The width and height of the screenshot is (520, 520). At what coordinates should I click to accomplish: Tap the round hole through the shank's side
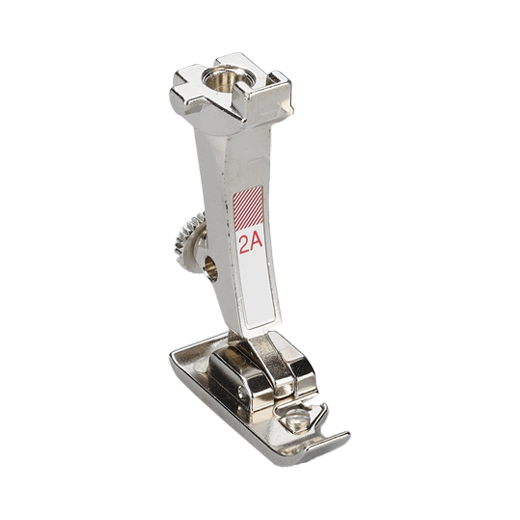pyautogui.click(x=212, y=266)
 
